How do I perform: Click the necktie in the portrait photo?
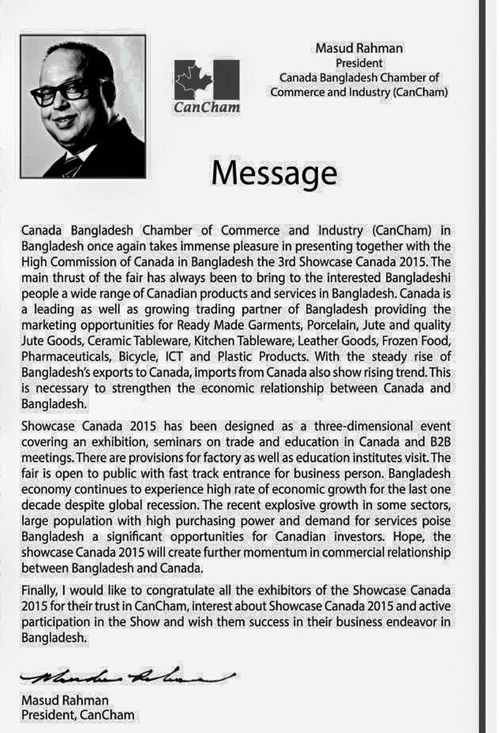72,165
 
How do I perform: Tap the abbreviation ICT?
196,357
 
